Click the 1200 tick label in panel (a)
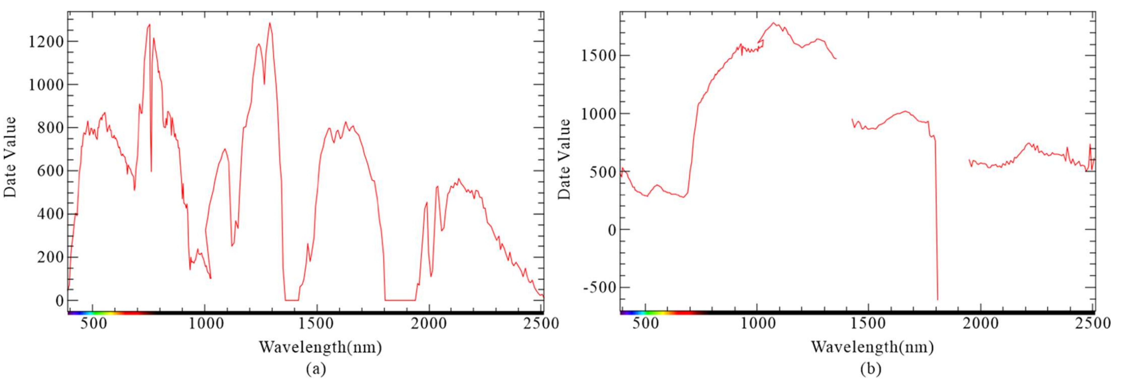[45, 42]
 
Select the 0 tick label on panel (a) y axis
[59, 301]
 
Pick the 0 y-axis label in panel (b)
[612, 230]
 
